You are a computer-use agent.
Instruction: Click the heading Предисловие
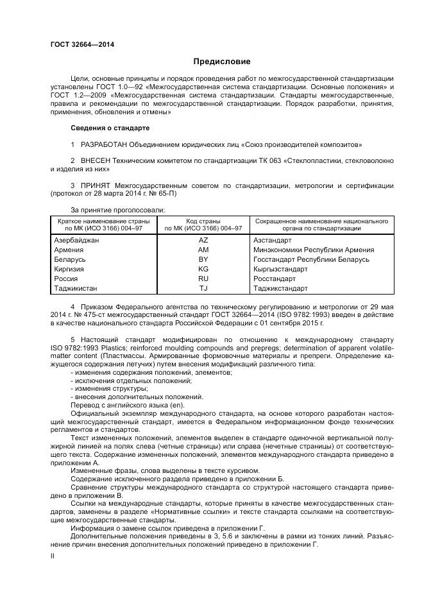[x=221, y=62]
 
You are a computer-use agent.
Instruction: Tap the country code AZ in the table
[x=203, y=239]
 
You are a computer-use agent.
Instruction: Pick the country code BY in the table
[x=203, y=259]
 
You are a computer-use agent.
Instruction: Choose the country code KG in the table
[x=203, y=269]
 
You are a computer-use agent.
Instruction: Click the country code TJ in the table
[x=203, y=288]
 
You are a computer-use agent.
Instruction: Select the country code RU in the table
[x=203, y=279]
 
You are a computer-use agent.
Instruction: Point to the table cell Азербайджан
[x=77, y=239]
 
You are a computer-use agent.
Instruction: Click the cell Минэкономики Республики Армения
[x=314, y=250]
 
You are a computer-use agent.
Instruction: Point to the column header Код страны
[x=203, y=221]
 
